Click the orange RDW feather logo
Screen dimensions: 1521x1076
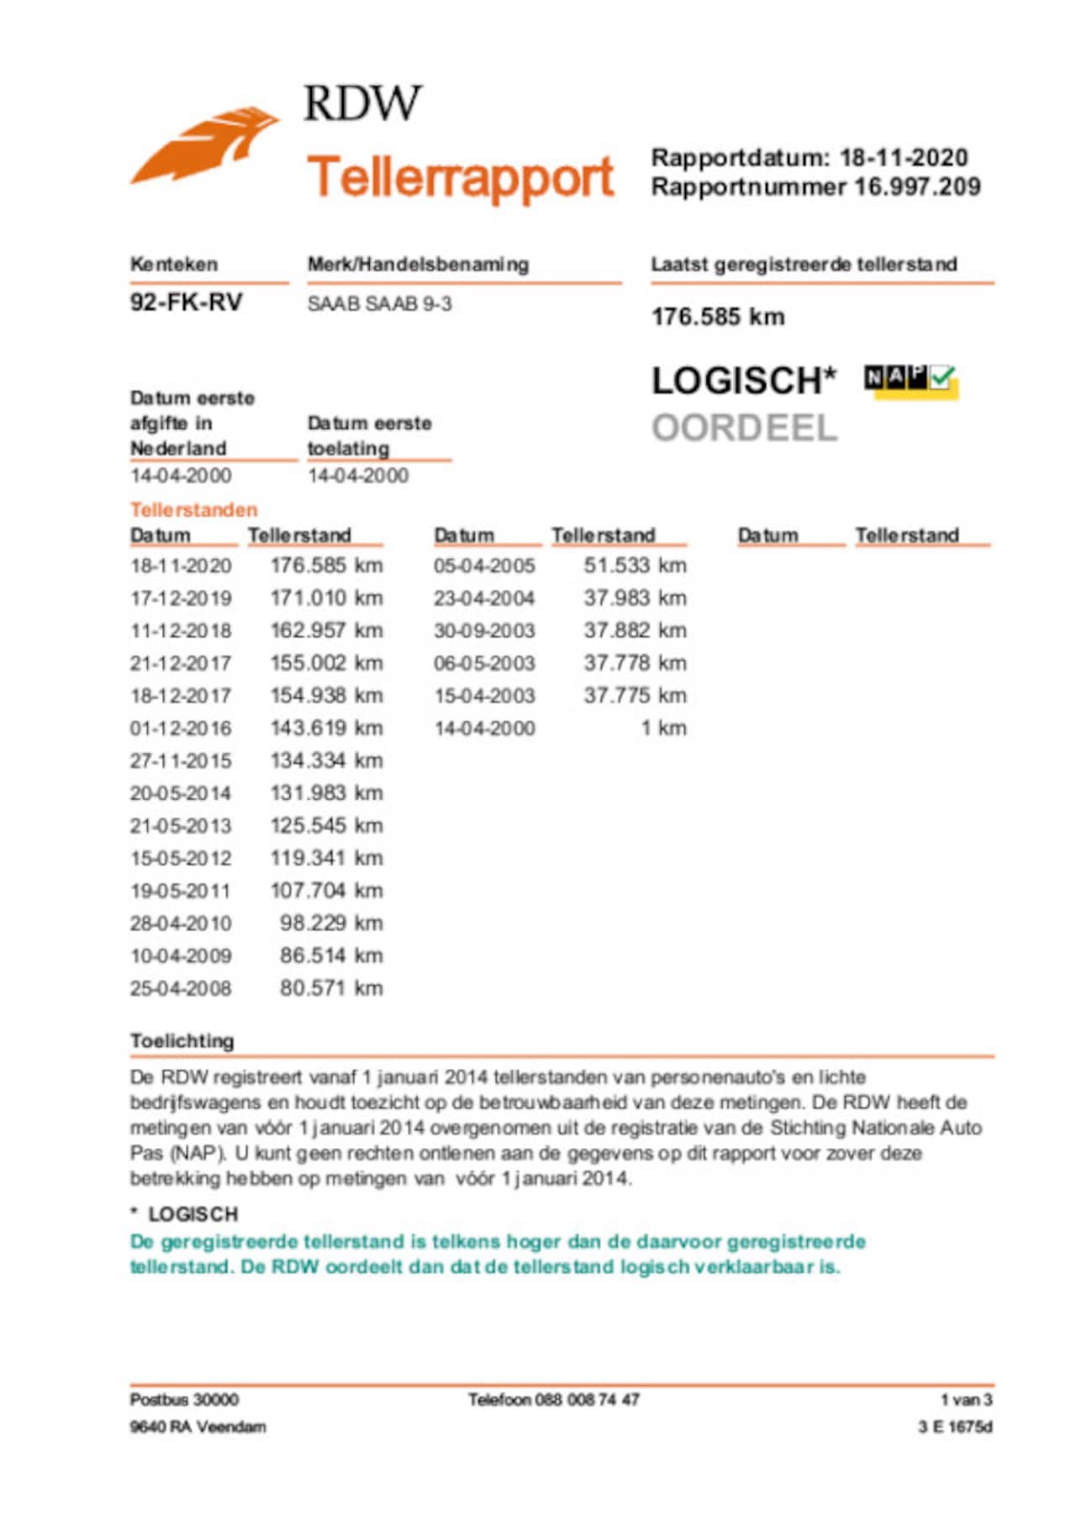coord(203,145)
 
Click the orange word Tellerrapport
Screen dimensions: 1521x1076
coord(461,177)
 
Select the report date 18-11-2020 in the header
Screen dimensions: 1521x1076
coord(904,157)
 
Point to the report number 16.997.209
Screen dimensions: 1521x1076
coord(917,187)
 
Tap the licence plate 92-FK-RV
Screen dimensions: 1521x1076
coord(186,303)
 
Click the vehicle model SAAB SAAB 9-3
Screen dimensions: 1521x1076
coord(379,303)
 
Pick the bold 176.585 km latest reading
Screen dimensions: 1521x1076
coord(718,317)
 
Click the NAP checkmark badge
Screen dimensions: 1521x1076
coord(911,381)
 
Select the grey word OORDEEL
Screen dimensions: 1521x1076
coord(745,428)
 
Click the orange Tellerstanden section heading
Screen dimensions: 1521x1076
coord(193,509)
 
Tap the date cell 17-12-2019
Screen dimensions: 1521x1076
coord(181,598)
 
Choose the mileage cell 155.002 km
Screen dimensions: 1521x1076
coord(326,663)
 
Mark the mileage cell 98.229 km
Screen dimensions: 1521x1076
coord(331,923)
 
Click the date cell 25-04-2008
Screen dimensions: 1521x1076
coord(181,988)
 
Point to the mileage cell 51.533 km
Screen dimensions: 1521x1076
coord(635,566)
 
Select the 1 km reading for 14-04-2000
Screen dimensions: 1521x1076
coord(663,728)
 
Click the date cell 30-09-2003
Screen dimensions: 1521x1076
coord(484,631)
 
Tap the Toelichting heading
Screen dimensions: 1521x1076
coord(182,1041)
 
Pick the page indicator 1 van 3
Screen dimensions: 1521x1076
coord(966,1399)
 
